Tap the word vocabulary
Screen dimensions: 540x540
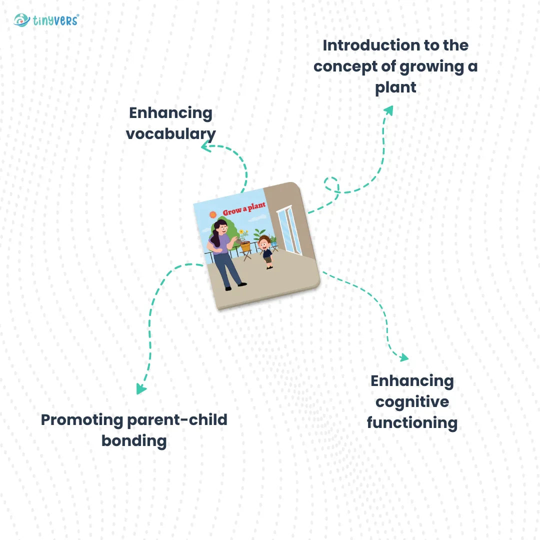coord(171,134)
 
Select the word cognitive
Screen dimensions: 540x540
coord(412,402)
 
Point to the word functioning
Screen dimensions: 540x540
coord(412,423)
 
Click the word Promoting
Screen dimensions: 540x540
coord(82,419)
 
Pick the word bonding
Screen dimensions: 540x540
coord(134,441)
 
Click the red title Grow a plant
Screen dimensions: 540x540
coord(244,209)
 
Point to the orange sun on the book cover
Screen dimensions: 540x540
coord(213,215)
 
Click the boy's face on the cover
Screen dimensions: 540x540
coord(264,245)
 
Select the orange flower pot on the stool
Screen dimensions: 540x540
coord(245,246)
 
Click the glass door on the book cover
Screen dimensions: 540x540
coord(290,230)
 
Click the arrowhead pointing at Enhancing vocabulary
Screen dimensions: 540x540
coord(205,146)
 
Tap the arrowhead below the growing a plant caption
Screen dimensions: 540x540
coord(388,110)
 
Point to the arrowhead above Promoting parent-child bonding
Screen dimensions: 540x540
coord(141,388)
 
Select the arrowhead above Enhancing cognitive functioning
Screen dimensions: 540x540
coord(403,357)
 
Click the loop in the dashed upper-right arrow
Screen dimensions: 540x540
coord(331,184)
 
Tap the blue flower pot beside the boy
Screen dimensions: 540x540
coord(273,243)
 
